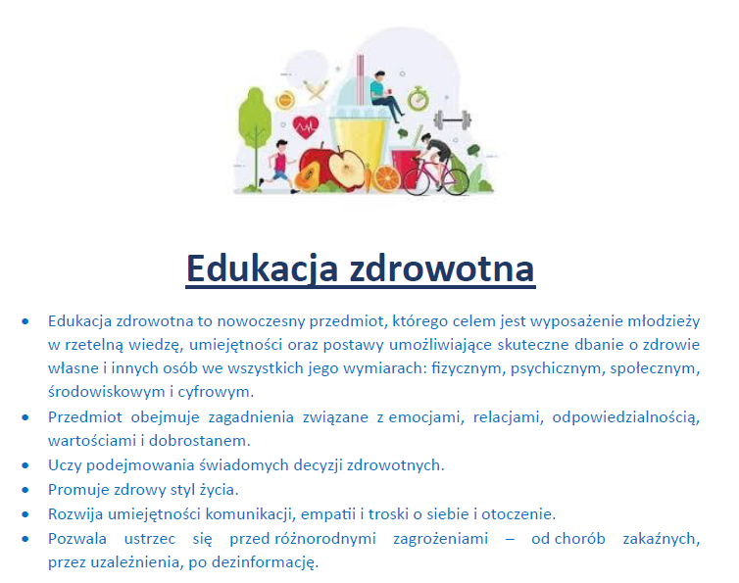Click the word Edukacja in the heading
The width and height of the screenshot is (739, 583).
click(x=263, y=268)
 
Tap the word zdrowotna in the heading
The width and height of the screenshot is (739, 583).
click(x=442, y=268)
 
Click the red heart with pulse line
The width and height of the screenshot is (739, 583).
click(x=306, y=126)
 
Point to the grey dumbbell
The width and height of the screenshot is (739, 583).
click(x=452, y=120)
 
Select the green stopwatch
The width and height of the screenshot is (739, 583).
click(x=419, y=99)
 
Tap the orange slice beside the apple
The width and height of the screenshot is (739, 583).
click(x=387, y=178)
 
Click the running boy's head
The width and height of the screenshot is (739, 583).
click(x=281, y=146)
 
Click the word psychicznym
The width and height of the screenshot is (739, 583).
click(x=555, y=368)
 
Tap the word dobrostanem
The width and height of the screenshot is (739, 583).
click(x=199, y=441)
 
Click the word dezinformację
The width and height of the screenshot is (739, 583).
click(x=265, y=562)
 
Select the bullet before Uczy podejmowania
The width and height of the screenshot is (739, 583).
click(x=25, y=465)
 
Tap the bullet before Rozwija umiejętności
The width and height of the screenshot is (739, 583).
click(x=25, y=514)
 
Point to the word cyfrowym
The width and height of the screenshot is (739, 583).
click(x=216, y=392)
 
